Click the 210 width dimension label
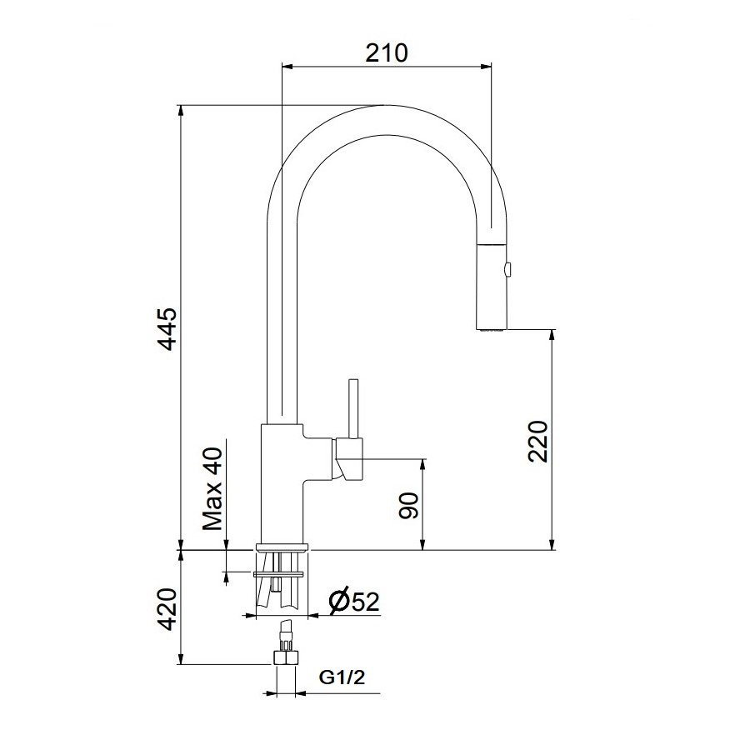pos(386,53)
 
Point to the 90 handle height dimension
pos(408,504)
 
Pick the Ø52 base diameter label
pos(353,602)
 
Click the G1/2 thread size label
pos(342,678)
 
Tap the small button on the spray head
pos(508,268)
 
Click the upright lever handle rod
pos(353,408)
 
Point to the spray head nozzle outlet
pos(492,330)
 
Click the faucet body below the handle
pos(282,500)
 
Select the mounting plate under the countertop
pos(282,573)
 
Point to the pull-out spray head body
pos(492,283)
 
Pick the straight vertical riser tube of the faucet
pos(281,317)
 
